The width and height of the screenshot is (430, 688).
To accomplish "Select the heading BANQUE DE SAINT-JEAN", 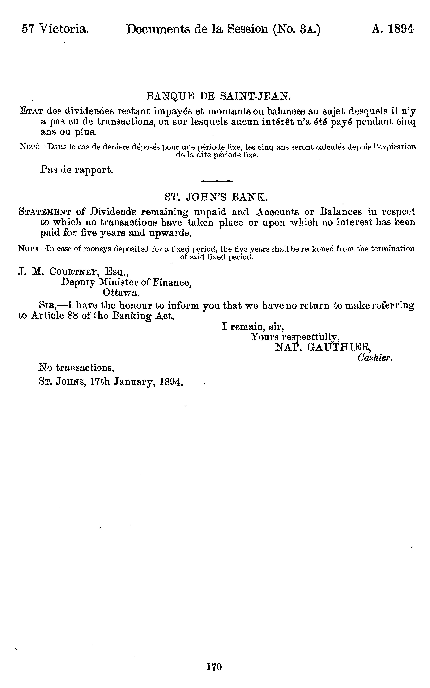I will pyautogui.click(x=218, y=96).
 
